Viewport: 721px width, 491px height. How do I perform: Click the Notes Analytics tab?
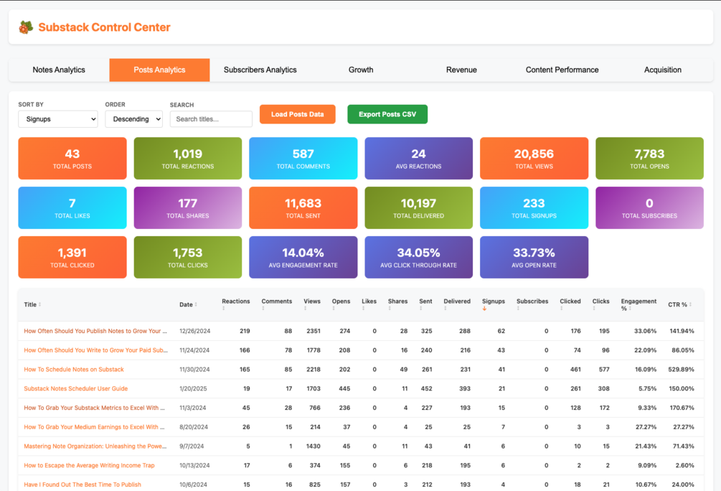pyautogui.click(x=59, y=70)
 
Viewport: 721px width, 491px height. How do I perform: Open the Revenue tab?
pyautogui.click(x=461, y=70)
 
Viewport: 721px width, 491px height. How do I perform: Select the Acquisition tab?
pyautogui.click(x=663, y=70)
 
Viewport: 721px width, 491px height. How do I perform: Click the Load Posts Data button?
pyautogui.click(x=298, y=114)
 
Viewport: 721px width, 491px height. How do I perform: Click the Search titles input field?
pyautogui.click(x=211, y=118)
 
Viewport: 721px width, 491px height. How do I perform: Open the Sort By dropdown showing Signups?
pyautogui.click(x=58, y=118)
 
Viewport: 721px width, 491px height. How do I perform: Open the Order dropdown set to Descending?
pyautogui.click(x=134, y=118)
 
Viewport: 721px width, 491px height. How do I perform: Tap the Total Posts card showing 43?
pyautogui.click(x=72, y=159)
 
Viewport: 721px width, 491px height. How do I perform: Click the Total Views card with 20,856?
pyautogui.click(x=534, y=159)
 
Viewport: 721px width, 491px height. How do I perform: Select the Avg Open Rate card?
pyautogui.click(x=534, y=257)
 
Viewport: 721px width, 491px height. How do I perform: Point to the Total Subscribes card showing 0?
pyautogui.click(x=649, y=207)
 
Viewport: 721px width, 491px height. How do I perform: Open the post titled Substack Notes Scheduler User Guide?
pyautogui.click(x=76, y=388)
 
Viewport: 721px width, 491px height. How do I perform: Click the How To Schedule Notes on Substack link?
pyautogui.click(x=74, y=369)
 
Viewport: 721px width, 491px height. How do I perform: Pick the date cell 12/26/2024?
pyautogui.click(x=195, y=331)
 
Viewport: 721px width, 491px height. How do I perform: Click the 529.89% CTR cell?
pyautogui.click(x=681, y=369)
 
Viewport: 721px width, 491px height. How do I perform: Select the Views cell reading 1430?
pyautogui.click(x=313, y=446)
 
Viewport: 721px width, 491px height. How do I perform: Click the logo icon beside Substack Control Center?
pyautogui.click(x=27, y=27)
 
